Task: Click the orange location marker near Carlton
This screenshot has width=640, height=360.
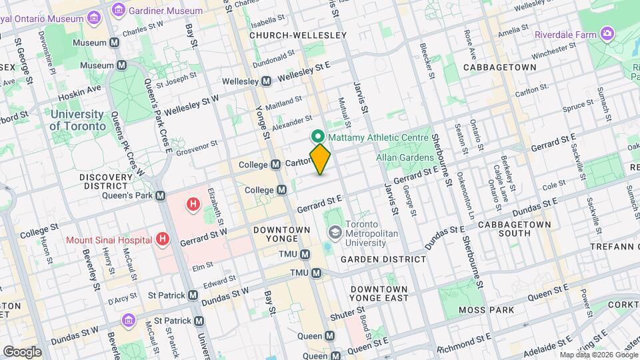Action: click(320, 159)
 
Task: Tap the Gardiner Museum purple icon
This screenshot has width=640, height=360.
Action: click(119, 10)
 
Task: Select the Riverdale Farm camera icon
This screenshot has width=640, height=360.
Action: click(607, 33)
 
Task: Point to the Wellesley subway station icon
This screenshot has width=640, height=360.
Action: click(266, 81)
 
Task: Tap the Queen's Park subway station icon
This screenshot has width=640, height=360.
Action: click(160, 196)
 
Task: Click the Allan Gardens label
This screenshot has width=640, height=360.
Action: click(405, 157)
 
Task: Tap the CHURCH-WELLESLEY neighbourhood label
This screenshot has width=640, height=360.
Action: click(298, 35)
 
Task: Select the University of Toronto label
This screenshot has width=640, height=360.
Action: click(78, 119)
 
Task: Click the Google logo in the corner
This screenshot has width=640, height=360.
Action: click(22, 351)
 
